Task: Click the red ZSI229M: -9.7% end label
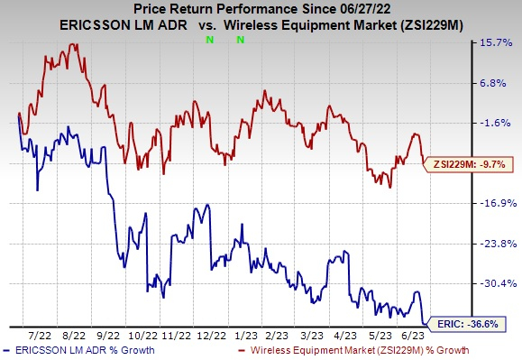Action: coord(469,164)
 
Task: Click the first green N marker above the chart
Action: coord(210,41)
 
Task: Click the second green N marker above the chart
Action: coord(241,41)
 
